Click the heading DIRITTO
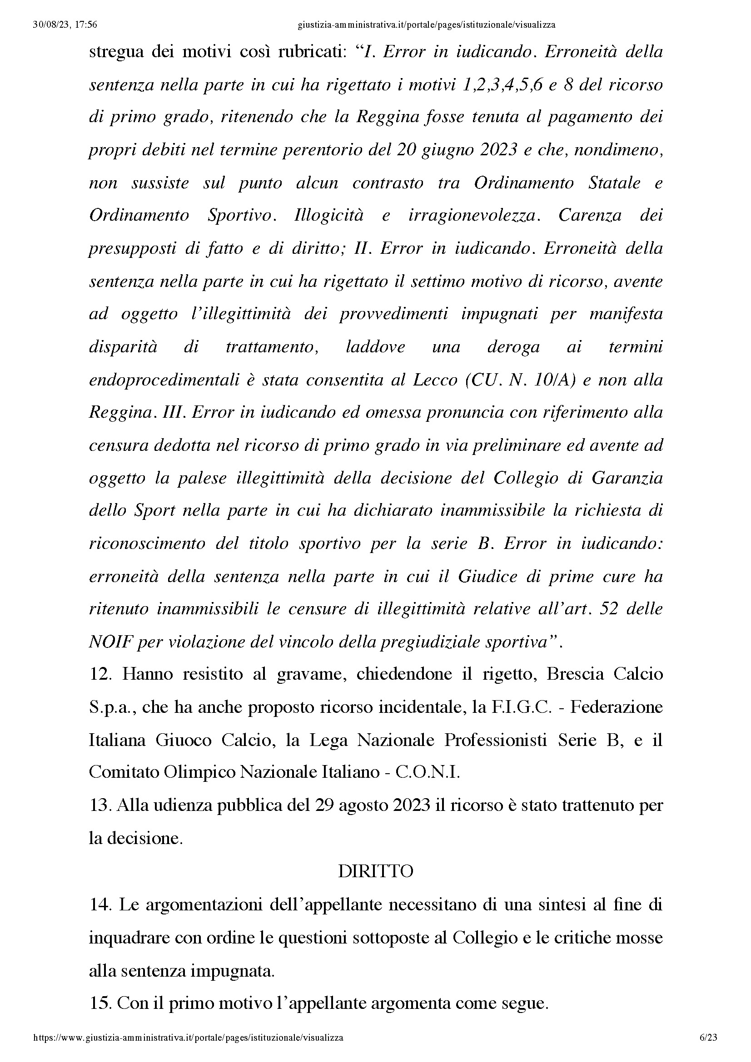(x=375, y=872)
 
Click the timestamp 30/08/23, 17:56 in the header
(x=65, y=25)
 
